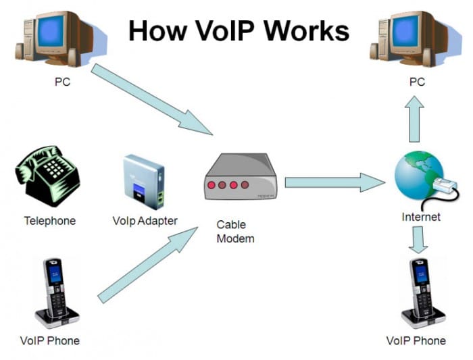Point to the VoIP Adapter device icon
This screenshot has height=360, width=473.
[144, 180]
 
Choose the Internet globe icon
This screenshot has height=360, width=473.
[419, 179]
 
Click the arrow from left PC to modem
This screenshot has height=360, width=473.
[152, 98]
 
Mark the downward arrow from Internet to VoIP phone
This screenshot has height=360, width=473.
[418, 240]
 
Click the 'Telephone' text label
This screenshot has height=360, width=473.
[50, 221]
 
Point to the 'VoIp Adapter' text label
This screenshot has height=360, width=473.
[145, 221]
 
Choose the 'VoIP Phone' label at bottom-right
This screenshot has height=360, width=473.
[416, 340]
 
